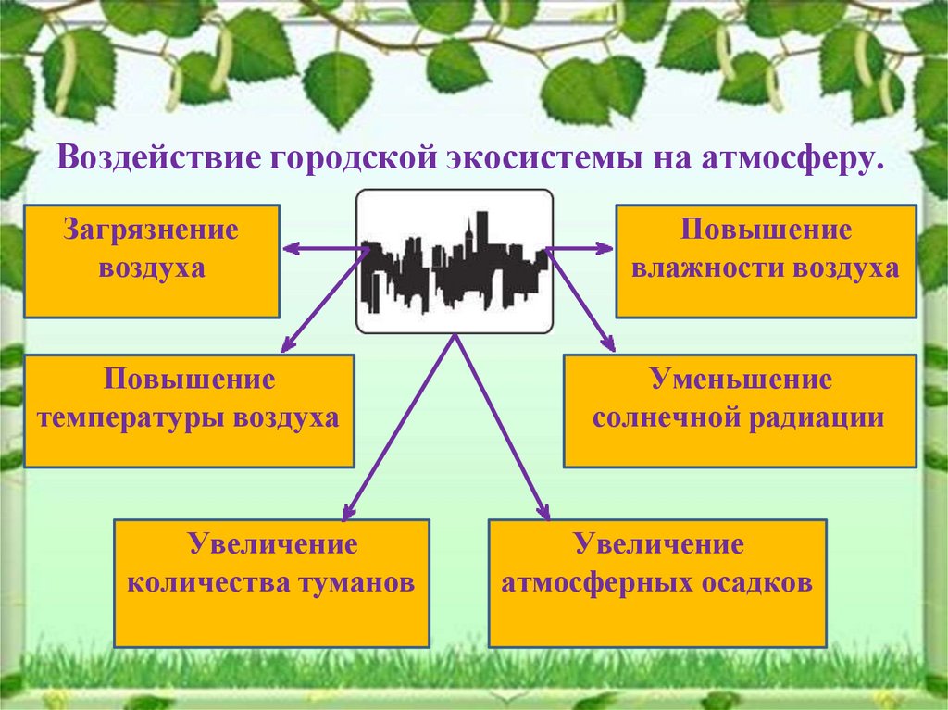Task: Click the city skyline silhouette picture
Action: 455,261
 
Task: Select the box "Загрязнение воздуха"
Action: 151,261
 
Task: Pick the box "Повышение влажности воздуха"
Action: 766,261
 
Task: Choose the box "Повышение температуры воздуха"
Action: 189,410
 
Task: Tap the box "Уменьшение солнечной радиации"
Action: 739,410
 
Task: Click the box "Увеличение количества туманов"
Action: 271,582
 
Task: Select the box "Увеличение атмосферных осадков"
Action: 656,582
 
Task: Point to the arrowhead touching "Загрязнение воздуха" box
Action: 288,248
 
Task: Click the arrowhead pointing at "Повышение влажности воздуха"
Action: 605,248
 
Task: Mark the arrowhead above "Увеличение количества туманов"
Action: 347,513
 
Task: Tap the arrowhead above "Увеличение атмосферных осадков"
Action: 544,513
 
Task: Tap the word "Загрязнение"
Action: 151,230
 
